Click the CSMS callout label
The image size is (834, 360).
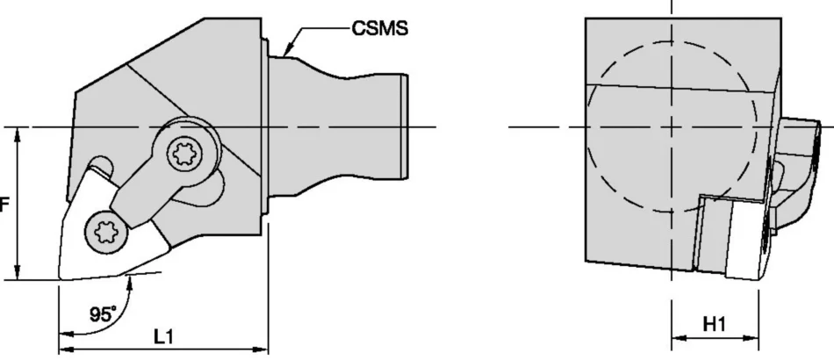click(x=380, y=28)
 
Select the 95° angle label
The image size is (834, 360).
click(x=103, y=314)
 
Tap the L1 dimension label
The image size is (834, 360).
click(x=164, y=336)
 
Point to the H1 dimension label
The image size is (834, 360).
click(x=715, y=324)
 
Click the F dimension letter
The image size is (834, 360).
click(x=4, y=205)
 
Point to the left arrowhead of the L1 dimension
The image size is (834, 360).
click(x=66, y=349)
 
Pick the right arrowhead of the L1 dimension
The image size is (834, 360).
click(x=261, y=349)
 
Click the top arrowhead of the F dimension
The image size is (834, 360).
click(x=18, y=135)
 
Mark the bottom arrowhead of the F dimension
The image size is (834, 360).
click(x=18, y=272)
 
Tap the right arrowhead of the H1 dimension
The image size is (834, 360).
click(x=751, y=338)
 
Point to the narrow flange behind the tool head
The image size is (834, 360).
click(x=264, y=126)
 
